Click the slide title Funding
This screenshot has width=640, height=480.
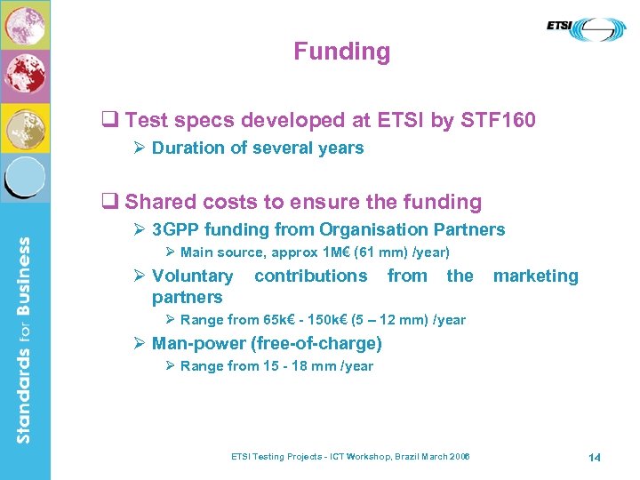[341, 52]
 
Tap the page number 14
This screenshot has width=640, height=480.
[594, 457]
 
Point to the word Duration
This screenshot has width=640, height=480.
[187, 148]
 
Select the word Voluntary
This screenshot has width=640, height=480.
[192, 276]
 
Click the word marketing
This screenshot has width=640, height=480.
[535, 276]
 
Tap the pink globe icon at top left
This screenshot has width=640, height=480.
[25, 26]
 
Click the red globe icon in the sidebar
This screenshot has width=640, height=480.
[25, 76]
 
